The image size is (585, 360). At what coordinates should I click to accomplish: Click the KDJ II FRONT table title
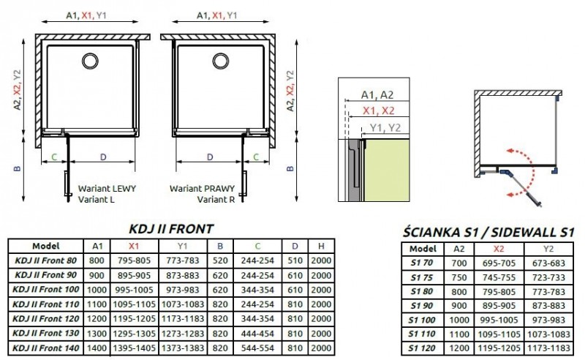click(171, 228)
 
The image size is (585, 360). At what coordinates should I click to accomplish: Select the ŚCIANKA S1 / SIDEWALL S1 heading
click(488, 233)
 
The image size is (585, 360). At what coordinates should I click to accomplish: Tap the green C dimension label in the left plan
click(54, 157)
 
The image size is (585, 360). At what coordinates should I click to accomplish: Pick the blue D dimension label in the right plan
click(210, 157)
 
